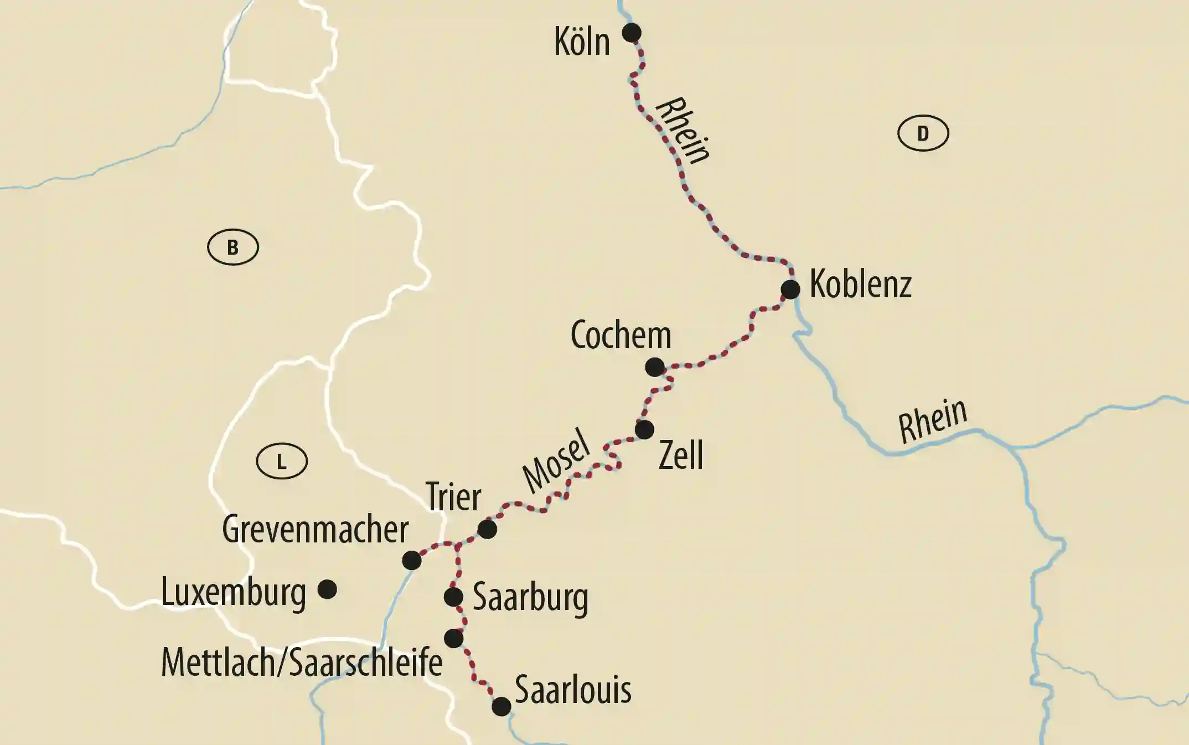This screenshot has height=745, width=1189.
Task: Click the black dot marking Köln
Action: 632,33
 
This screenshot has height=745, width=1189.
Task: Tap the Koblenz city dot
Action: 790,289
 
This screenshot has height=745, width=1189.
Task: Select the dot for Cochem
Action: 655,367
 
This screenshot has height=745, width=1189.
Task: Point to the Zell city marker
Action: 644,430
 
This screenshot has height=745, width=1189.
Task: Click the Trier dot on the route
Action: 487,529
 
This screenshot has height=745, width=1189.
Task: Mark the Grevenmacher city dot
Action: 412,561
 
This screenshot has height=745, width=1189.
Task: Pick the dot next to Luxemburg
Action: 327,589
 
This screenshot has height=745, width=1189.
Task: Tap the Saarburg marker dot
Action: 453,597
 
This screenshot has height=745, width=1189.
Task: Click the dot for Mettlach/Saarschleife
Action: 453,638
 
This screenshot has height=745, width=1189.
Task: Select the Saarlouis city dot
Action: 502,706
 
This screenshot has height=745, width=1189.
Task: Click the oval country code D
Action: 923,133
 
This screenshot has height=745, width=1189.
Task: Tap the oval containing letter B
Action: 233,247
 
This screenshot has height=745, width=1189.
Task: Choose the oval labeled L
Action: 282,461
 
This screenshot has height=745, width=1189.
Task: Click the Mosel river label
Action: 556,461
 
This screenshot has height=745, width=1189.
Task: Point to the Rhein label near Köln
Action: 682,131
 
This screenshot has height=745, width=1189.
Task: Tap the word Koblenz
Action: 860,284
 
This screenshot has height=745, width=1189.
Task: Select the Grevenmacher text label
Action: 315,529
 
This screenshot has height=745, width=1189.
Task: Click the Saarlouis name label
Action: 573,690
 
